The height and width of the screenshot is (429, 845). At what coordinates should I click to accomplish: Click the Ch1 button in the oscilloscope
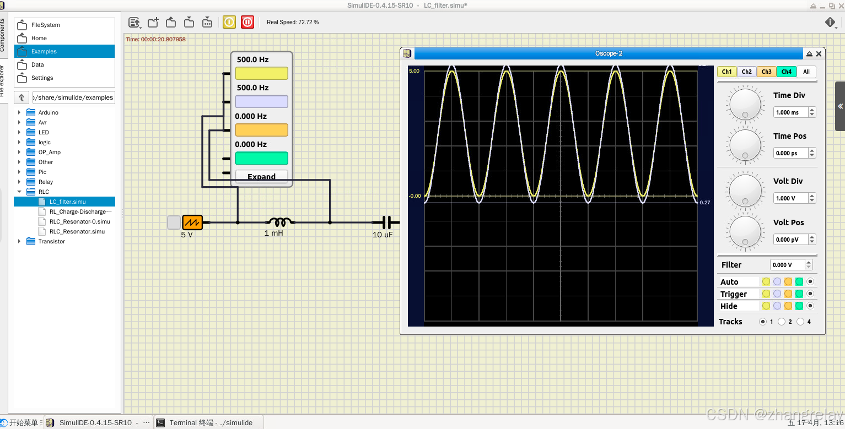pos(727,72)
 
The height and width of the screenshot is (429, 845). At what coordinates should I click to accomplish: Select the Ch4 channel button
pos(787,72)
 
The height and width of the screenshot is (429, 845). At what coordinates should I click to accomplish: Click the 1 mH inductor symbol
pos(280,222)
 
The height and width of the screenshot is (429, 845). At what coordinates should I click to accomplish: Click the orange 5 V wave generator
pos(192,222)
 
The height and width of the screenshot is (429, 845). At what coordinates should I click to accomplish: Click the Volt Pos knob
pos(745,231)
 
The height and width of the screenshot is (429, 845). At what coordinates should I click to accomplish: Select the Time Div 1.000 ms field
pos(790,112)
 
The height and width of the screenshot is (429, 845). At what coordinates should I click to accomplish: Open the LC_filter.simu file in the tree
pos(67,202)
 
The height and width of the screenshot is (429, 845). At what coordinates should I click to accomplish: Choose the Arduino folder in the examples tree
pos(48,112)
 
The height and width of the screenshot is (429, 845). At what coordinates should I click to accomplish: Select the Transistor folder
pos(51,241)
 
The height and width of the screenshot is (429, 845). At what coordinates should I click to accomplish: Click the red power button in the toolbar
pos(247,22)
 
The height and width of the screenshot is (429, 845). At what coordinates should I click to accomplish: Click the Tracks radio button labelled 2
pos(782,322)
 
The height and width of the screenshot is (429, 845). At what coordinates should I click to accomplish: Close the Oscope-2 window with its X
pos(819,53)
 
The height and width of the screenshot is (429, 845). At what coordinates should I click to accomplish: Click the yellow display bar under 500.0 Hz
pos(261,73)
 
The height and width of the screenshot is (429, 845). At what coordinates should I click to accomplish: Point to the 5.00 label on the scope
pos(414,71)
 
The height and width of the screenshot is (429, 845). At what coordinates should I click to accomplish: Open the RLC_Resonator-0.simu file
pos(79,221)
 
